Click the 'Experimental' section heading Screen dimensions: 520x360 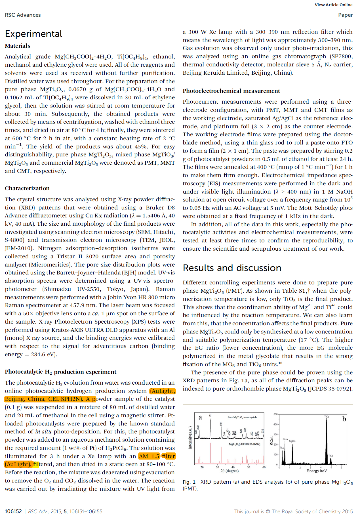33,34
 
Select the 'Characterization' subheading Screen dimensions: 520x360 27,188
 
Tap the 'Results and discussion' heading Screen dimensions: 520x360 232,268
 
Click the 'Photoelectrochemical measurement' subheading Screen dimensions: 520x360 231,91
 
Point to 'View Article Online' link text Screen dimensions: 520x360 333,5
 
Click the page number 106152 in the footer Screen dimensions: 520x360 13,511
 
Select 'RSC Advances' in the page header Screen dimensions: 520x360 23,15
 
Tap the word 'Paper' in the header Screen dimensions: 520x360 345,15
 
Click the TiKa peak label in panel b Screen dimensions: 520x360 327,417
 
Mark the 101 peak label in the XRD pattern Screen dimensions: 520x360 210,415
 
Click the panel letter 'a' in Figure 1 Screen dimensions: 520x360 200,417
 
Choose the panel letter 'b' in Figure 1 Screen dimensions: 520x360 344,419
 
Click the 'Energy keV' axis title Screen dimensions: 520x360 317,471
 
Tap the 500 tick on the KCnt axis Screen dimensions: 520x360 275,414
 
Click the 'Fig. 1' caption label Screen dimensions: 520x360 189,482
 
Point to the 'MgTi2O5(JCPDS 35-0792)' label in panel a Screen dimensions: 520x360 244,444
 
